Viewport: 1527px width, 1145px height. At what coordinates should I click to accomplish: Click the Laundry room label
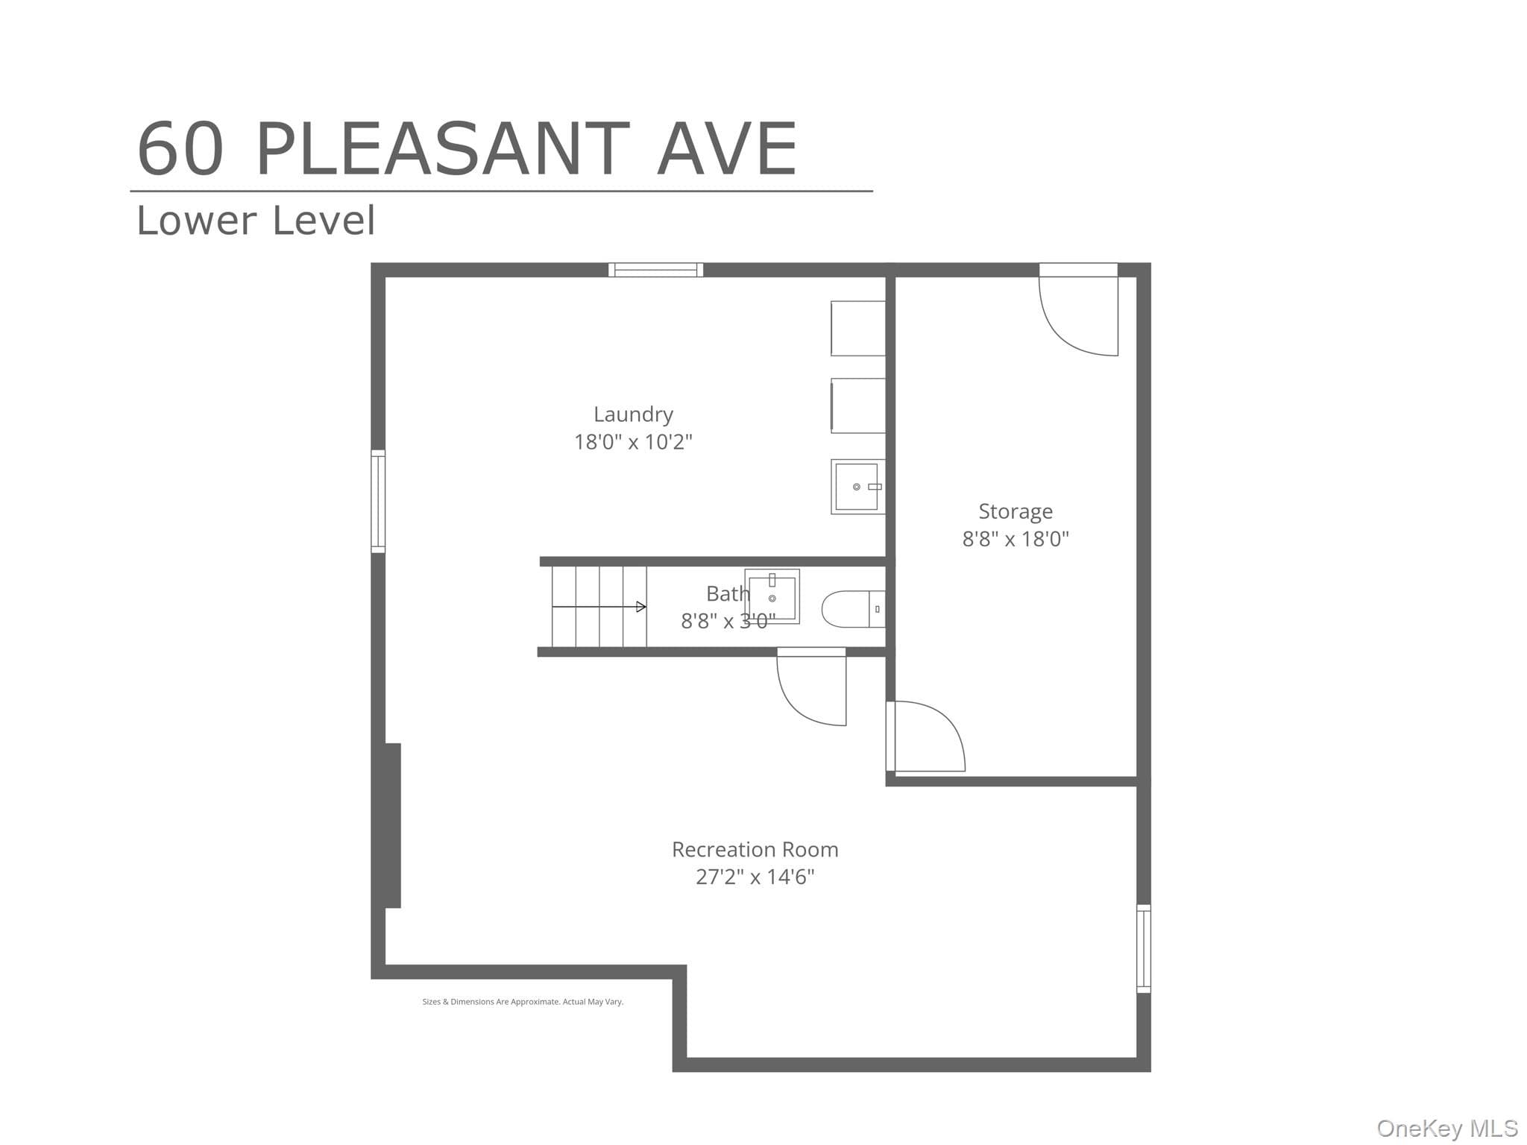(x=633, y=414)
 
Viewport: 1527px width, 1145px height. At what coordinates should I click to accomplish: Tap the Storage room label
(x=1016, y=511)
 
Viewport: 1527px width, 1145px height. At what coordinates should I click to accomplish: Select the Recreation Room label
(x=755, y=850)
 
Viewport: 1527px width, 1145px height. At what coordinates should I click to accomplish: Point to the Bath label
(x=728, y=594)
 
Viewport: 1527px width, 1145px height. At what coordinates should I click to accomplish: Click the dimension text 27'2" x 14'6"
(x=755, y=877)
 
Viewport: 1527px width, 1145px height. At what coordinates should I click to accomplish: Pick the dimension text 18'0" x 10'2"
(x=633, y=442)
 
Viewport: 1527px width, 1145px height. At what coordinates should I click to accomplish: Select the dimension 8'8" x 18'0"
(x=1016, y=539)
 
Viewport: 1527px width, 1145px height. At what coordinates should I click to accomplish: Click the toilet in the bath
(x=854, y=609)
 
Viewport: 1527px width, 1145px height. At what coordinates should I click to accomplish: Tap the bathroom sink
(x=772, y=596)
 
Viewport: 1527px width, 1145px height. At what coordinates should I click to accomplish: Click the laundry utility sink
(x=858, y=487)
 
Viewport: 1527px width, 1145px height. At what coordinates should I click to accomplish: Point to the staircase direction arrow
(x=599, y=607)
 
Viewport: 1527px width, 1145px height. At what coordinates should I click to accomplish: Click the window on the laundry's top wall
(x=655, y=270)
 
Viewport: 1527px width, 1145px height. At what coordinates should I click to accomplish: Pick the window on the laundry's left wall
(x=378, y=501)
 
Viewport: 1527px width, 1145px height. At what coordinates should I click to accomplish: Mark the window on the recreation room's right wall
(x=1144, y=948)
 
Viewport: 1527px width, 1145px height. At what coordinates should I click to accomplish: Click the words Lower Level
(x=256, y=221)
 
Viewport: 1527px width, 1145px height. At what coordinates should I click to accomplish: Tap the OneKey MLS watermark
(x=1446, y=1128)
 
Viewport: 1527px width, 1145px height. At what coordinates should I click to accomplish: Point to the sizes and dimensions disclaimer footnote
(x=523, y=1002)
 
